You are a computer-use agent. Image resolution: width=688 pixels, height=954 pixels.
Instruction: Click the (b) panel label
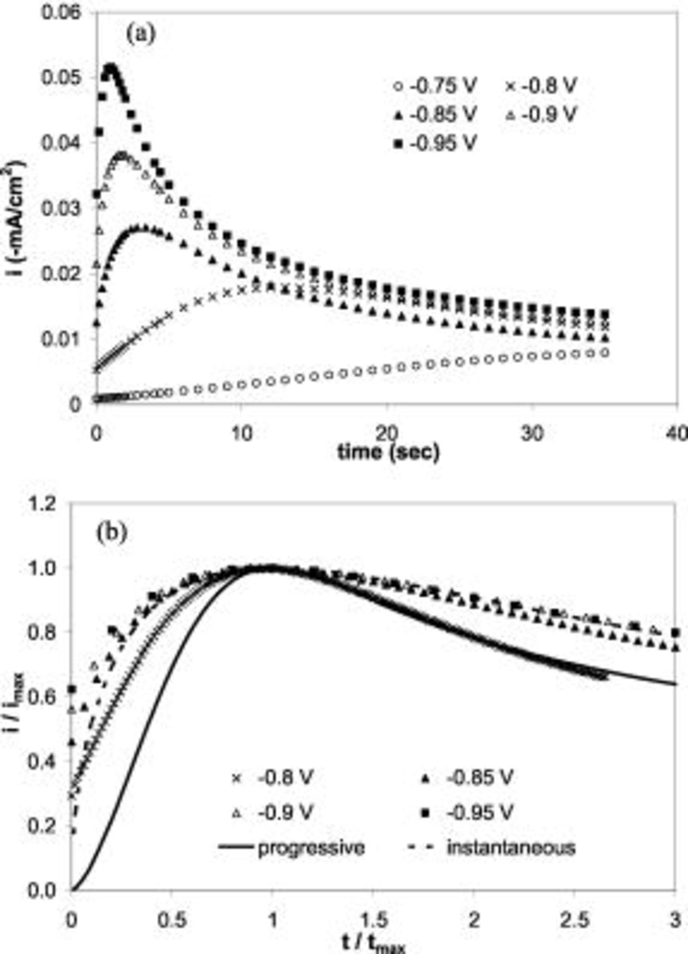pyautogui.click(x=111, y=532)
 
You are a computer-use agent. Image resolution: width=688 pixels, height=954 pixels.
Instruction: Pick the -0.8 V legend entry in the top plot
pyautogui.click(x=541, y=85)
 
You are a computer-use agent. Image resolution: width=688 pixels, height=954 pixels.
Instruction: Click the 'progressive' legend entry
pyautogui.click(x=292, y=847)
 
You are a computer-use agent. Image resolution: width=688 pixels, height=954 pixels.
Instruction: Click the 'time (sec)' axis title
pyautogui.click(x=389, y=452)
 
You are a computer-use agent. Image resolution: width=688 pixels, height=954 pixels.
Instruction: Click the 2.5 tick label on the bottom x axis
pyautogui.click(x=575, y=920)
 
